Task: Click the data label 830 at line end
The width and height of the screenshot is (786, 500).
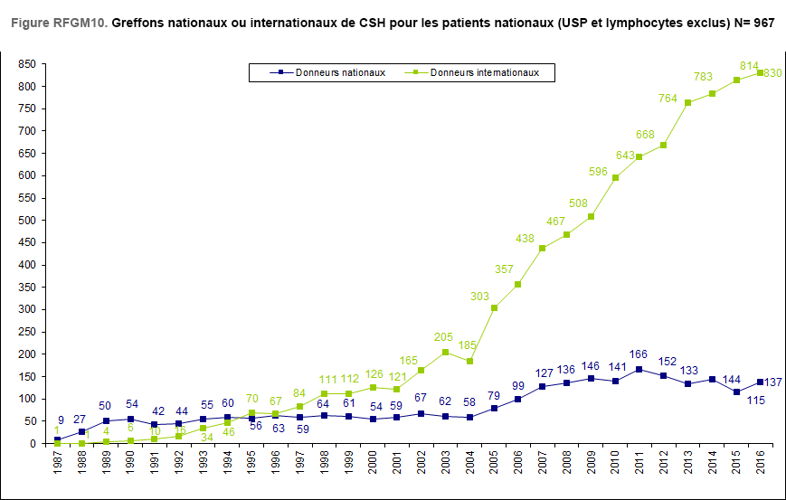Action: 772,73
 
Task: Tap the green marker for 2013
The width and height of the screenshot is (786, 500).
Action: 687,103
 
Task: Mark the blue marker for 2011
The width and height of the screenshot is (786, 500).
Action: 639,369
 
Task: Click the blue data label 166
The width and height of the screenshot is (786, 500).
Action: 639,354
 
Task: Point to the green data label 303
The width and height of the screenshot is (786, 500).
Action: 480,297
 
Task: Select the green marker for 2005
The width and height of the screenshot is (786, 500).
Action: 493,308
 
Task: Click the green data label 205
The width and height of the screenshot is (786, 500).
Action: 444,337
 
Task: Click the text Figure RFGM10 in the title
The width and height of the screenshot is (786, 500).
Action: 59,22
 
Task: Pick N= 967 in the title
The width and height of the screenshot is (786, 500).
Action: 753,22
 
